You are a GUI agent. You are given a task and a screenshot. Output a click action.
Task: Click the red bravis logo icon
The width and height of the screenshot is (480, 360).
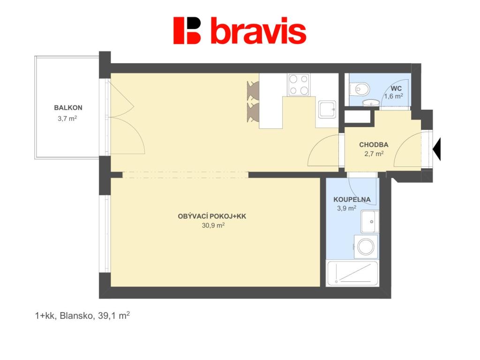(187, 30)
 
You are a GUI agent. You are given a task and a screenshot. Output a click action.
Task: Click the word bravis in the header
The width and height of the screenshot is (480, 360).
(258, 30)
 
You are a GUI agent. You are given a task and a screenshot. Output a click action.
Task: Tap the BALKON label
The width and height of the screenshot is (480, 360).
(68, 108)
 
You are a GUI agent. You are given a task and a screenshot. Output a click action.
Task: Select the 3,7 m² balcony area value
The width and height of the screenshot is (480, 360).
(67, 118)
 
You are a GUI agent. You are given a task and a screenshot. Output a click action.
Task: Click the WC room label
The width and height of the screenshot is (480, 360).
(396, 89)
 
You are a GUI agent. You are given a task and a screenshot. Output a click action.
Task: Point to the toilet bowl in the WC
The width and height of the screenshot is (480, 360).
(360, 90)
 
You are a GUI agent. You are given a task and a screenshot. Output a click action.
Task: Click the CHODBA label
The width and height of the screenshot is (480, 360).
(374, 144)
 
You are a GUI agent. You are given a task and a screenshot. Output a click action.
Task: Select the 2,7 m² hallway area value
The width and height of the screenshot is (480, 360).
(374, 154)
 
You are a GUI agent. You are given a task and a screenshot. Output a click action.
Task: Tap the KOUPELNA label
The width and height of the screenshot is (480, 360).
(352, 200)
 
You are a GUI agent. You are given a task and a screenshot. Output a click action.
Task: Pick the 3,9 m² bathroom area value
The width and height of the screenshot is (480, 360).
(346, 209)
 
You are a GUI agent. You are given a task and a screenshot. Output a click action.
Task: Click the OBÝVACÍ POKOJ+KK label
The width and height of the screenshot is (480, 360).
(212, 217)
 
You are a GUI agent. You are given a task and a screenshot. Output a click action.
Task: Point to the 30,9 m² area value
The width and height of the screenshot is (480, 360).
(213, 225)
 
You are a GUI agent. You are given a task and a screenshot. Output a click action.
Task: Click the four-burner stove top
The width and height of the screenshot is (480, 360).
(299, 85)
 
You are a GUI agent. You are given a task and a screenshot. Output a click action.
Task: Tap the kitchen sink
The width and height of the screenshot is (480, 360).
(327, 109)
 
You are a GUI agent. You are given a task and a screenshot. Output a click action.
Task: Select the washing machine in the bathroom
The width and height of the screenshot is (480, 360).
(366, 247)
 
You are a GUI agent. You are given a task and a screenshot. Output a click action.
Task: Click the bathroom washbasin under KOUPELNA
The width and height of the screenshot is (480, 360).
(370, 221)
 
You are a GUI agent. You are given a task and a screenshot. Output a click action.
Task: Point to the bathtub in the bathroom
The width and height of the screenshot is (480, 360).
(352, 273)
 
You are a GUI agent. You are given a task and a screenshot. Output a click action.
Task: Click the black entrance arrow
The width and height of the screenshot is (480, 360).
(437, 150)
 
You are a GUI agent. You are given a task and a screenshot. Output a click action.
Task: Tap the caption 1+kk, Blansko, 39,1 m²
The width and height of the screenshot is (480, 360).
(82, 315)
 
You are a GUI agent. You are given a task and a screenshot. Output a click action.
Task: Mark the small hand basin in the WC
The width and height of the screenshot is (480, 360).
(371, 103)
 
